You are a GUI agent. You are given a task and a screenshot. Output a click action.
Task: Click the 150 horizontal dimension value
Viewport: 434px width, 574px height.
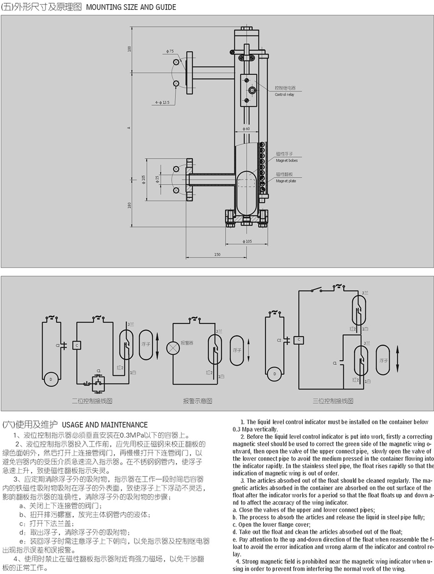click(x=217, y=254)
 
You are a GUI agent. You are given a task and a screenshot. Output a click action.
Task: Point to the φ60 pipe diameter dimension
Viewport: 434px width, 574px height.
click(x=246, y=129)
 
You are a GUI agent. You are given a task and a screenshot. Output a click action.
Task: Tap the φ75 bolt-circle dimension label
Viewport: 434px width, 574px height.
click(x=170, y=51)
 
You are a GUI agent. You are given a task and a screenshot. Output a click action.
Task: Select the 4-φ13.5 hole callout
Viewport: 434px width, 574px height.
click(x=162, y=102)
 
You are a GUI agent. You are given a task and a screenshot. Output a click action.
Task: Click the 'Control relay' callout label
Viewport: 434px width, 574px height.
click(x=284, y=95)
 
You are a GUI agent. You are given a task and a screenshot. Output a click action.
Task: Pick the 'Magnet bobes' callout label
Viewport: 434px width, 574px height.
click(x=287, y=161)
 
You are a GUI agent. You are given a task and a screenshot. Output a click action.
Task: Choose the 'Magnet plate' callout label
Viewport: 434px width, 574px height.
click(x=286, y=181)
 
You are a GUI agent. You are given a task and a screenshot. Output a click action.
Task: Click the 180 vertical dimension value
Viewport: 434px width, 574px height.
click(x=130, y=205)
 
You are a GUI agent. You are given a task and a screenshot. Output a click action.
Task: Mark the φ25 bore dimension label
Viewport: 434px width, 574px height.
click(x=157, y=179)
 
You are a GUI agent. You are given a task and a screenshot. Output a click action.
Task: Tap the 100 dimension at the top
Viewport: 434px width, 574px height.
click(x=130, y=48)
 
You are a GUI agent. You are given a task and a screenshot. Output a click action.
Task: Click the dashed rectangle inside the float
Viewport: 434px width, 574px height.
click(x=247, y=183)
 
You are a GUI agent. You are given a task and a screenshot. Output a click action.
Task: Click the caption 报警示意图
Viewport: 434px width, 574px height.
click(x=197, y=401)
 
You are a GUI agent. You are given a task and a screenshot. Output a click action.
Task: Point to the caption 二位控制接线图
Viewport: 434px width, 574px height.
click(x=92, y=401)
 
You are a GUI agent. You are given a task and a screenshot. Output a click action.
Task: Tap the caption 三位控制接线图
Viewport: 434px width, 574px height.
click(x=333, y=401)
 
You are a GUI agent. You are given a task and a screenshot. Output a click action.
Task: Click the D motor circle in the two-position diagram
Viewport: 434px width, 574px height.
click(x=51, y=379)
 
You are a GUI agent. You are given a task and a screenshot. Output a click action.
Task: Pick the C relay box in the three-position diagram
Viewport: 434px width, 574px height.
click(x=299, y=339)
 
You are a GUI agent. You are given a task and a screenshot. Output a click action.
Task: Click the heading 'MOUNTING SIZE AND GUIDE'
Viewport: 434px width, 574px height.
click(x=131, y=7)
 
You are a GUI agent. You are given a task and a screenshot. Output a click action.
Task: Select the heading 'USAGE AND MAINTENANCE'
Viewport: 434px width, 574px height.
click(x=104, y=425)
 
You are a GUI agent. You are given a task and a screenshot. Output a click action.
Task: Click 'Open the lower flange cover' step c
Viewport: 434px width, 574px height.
click(x=271, y=525)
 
